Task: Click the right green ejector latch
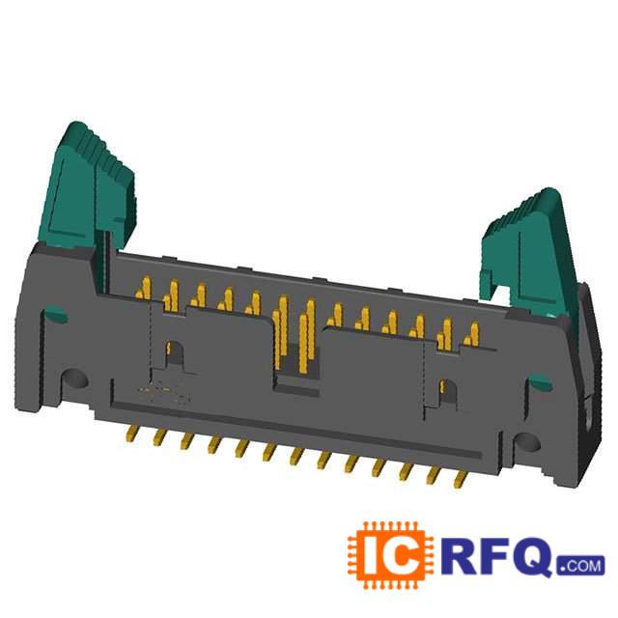[528, 252]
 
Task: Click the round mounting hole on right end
[526, 443]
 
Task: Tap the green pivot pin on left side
[55, 315]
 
